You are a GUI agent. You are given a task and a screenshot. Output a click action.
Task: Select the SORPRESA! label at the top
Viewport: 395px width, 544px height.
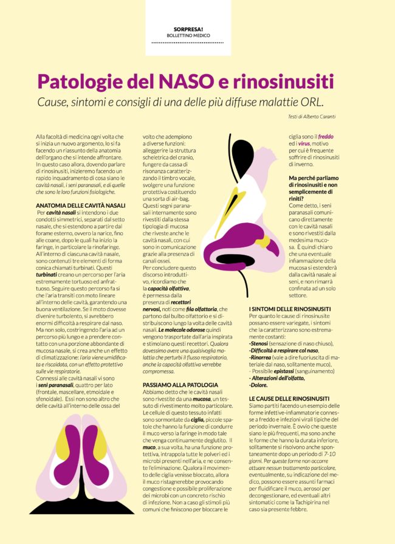(x=188, y=29)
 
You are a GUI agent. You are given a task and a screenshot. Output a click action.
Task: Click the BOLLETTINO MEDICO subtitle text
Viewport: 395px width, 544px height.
(x=188, y=35)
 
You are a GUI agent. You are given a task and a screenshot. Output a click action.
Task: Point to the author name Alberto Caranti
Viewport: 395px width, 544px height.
(x=338, y=115)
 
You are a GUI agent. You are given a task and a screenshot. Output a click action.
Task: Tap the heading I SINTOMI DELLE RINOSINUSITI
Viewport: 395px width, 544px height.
(x=295, y=309)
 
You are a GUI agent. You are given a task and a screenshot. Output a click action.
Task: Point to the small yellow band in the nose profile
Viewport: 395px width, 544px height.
(x=262, y=242)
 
